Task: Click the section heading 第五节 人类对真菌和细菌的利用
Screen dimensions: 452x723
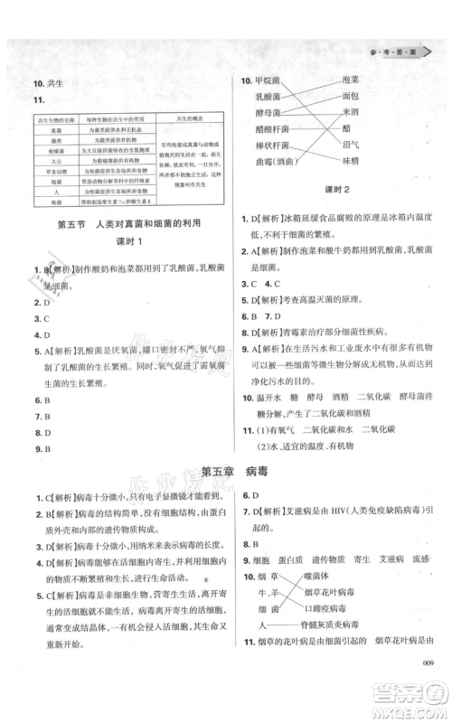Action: coord(120,224)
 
